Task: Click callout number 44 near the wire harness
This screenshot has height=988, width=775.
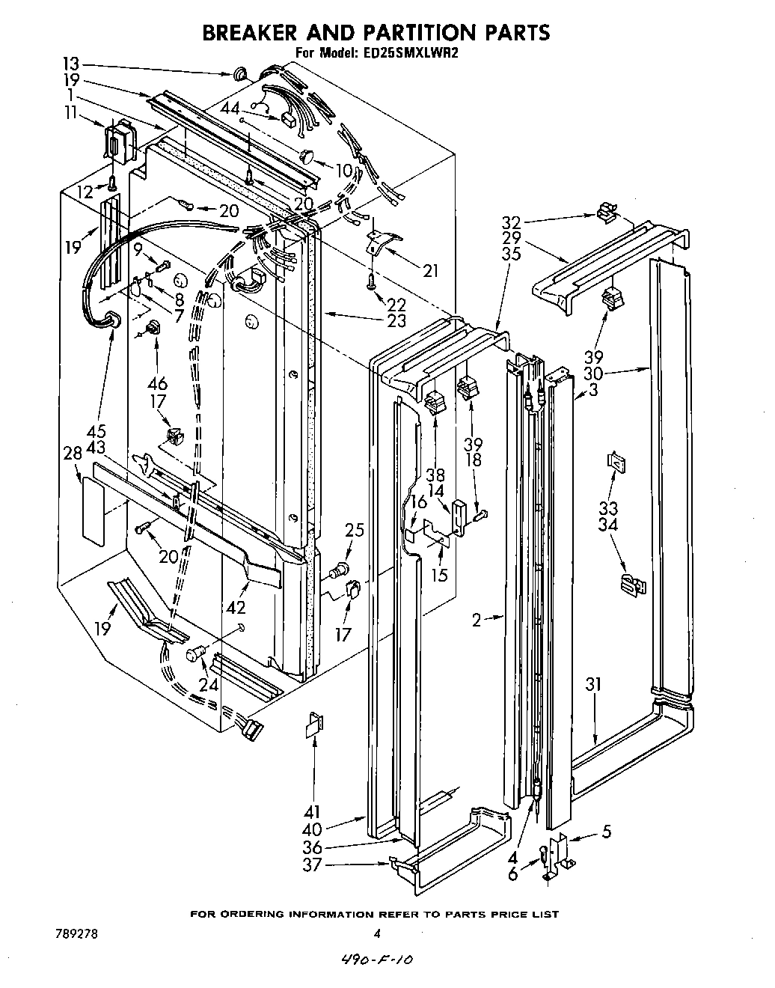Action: point(232,109)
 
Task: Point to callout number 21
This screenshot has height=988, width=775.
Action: point(430,271)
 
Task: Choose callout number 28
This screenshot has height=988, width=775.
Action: point(72,454)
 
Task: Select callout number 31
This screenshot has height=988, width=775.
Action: point(593,684)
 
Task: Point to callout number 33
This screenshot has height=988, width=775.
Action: point(608,507)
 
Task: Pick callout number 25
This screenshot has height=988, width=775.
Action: point(355,530)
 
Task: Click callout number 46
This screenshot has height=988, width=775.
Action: point(157,384)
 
